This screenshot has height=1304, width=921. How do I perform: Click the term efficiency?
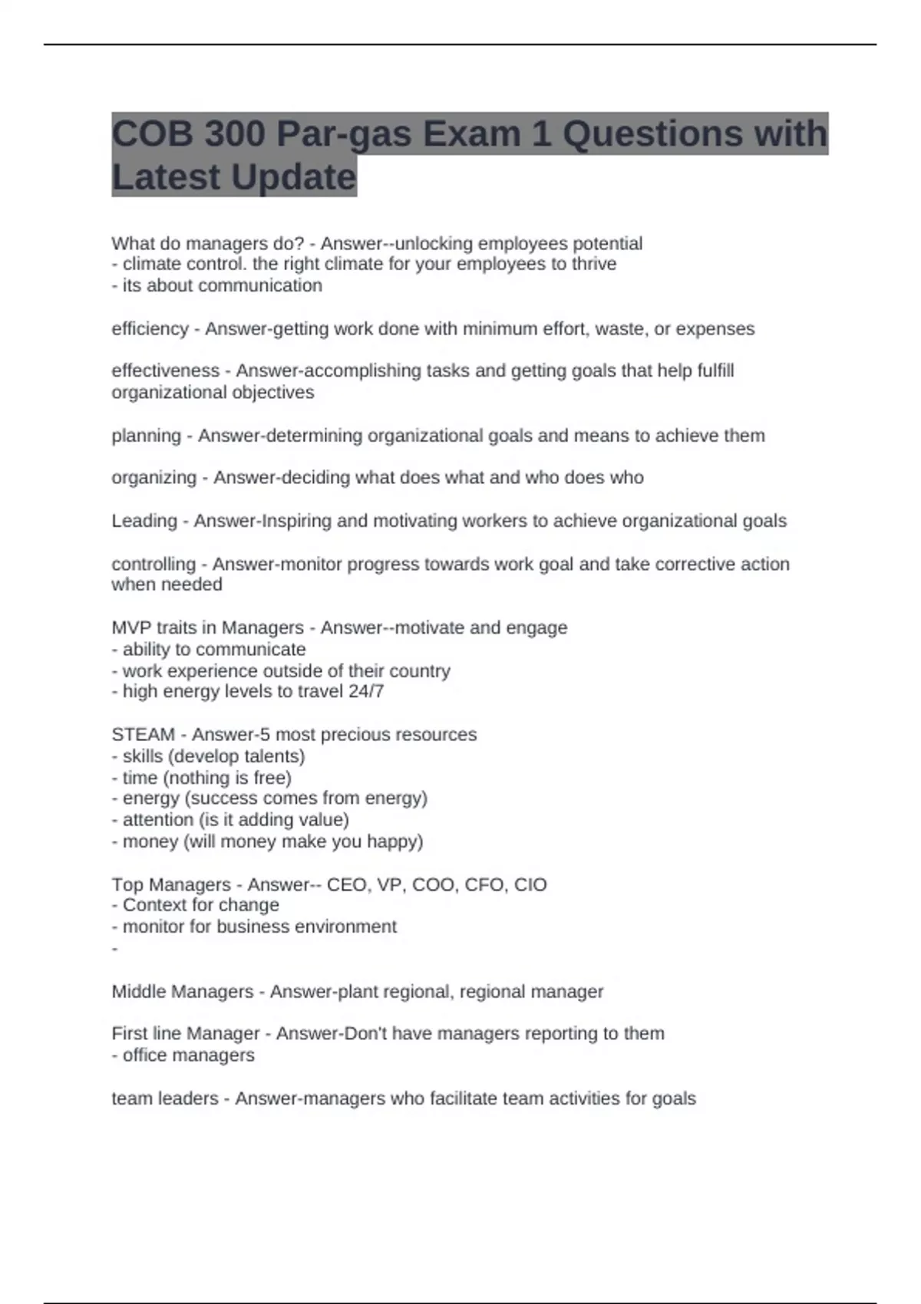pos(150,329)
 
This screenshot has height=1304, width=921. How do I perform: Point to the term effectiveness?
pos(165,371)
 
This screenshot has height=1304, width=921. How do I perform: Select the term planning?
pos(146,436)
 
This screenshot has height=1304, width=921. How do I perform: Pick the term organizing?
pos(153,478)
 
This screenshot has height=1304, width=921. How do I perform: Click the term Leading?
pos(144,521)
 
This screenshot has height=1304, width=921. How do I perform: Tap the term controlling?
pos(153,564)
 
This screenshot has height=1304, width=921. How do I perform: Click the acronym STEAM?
pos(143,735)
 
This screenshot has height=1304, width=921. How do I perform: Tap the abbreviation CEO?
pos(347,885)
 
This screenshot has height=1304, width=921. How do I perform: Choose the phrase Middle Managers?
pos(182,992)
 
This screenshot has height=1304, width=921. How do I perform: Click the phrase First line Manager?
pos(185,1034)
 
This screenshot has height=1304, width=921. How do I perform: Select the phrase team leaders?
pos(164,1098)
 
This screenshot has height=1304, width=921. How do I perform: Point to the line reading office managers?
pos(188,1055)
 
